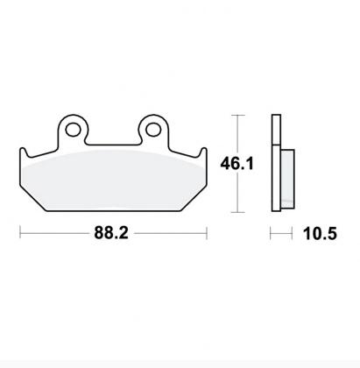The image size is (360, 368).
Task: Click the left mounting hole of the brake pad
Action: pyautogui.click(x=73, y=130)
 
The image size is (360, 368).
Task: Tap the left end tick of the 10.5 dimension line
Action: pyautogui.click(x=272, y=234)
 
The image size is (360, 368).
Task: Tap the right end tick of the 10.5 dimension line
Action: pyautogui.click(x=288, y=234)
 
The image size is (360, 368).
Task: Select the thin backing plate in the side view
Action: pyautogui.click(x=275, y=163)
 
